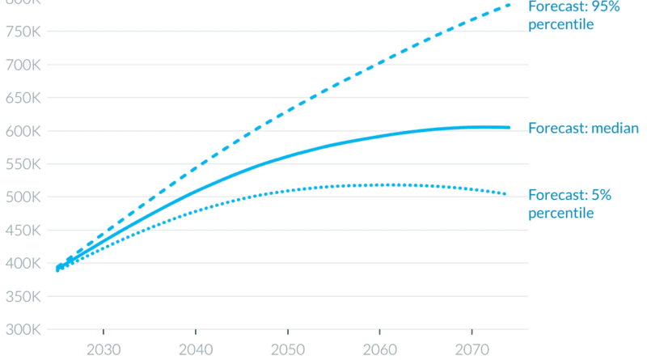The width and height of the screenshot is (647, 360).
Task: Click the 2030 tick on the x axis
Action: click(104, 349)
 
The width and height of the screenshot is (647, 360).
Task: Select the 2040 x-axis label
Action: click(195, 349)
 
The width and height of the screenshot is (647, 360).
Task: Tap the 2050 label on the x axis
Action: click(286, 349)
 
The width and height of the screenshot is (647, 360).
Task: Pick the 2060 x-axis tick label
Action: click(378, 349)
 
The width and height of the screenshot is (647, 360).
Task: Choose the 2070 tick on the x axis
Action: click(469, 349)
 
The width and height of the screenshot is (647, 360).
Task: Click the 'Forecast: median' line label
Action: click(583, 128)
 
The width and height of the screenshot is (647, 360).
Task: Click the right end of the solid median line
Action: click(509, 127)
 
